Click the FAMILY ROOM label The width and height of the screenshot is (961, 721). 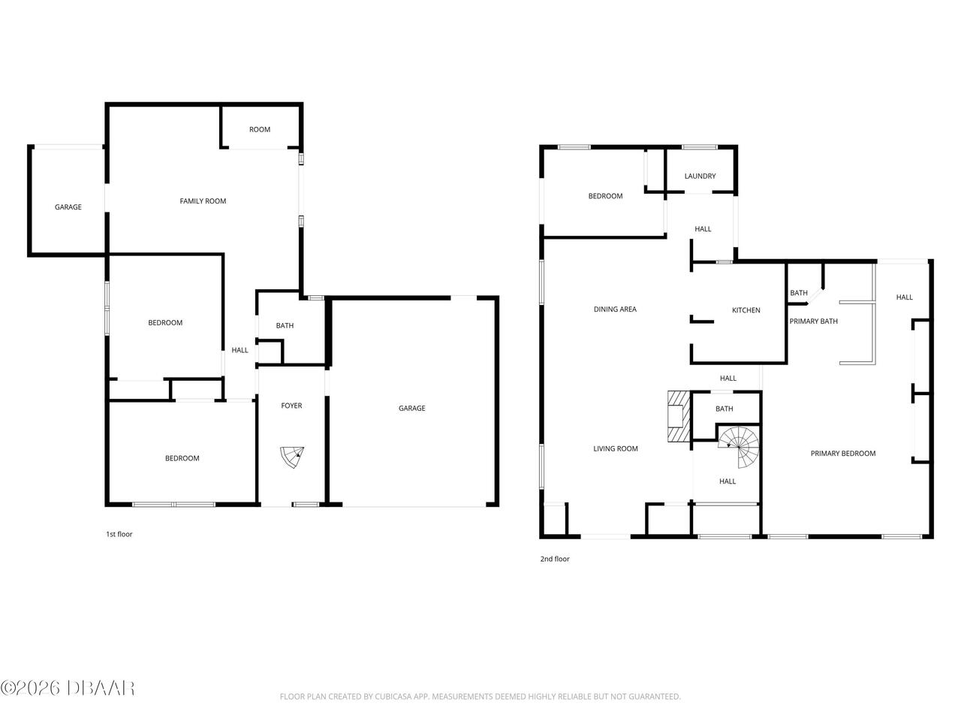pos(203,201)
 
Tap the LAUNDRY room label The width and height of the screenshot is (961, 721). pos(700,176)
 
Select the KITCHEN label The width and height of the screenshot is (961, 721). pos(746,310)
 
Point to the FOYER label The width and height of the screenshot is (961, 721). pos(291,406)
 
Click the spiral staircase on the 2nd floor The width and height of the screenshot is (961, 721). pos(738,447)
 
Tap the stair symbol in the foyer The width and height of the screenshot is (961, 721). pos(292,457)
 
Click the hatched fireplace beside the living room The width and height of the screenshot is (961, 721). pos(678,416)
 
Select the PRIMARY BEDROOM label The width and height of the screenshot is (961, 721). pos(843,453)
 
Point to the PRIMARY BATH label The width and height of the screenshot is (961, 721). pos(813,321)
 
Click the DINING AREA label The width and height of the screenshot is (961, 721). pos(615,309)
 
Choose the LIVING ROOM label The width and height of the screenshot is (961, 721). pos(615,448)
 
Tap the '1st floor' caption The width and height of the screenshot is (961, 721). pos(119,534)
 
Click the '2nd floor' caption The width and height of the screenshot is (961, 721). pos(555,559)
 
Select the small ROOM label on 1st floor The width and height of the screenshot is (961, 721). pos(260,129)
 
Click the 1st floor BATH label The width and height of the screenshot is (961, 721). pos(285,325)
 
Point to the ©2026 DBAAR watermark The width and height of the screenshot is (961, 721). pos(68,688)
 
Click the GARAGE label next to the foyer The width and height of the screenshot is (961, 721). pos(411,408)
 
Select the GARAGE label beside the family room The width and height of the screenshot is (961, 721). pos(68,207)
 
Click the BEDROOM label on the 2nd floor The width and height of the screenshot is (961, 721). pos(605,196)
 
